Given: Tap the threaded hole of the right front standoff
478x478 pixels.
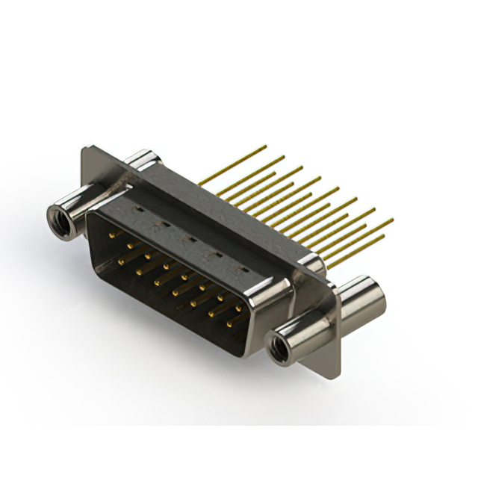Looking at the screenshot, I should tap(282, 346).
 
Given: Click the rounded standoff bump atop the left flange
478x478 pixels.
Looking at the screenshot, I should tap(141, 159).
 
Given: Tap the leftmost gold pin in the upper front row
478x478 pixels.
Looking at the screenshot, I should tap(113, 235).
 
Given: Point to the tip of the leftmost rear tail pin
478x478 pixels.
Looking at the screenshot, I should tap(265, 146).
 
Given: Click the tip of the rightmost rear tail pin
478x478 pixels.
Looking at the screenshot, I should tap(392, 220).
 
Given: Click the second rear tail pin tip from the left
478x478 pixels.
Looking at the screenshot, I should tap(283, 157).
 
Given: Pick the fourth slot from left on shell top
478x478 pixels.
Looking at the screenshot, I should tap(216, 255).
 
